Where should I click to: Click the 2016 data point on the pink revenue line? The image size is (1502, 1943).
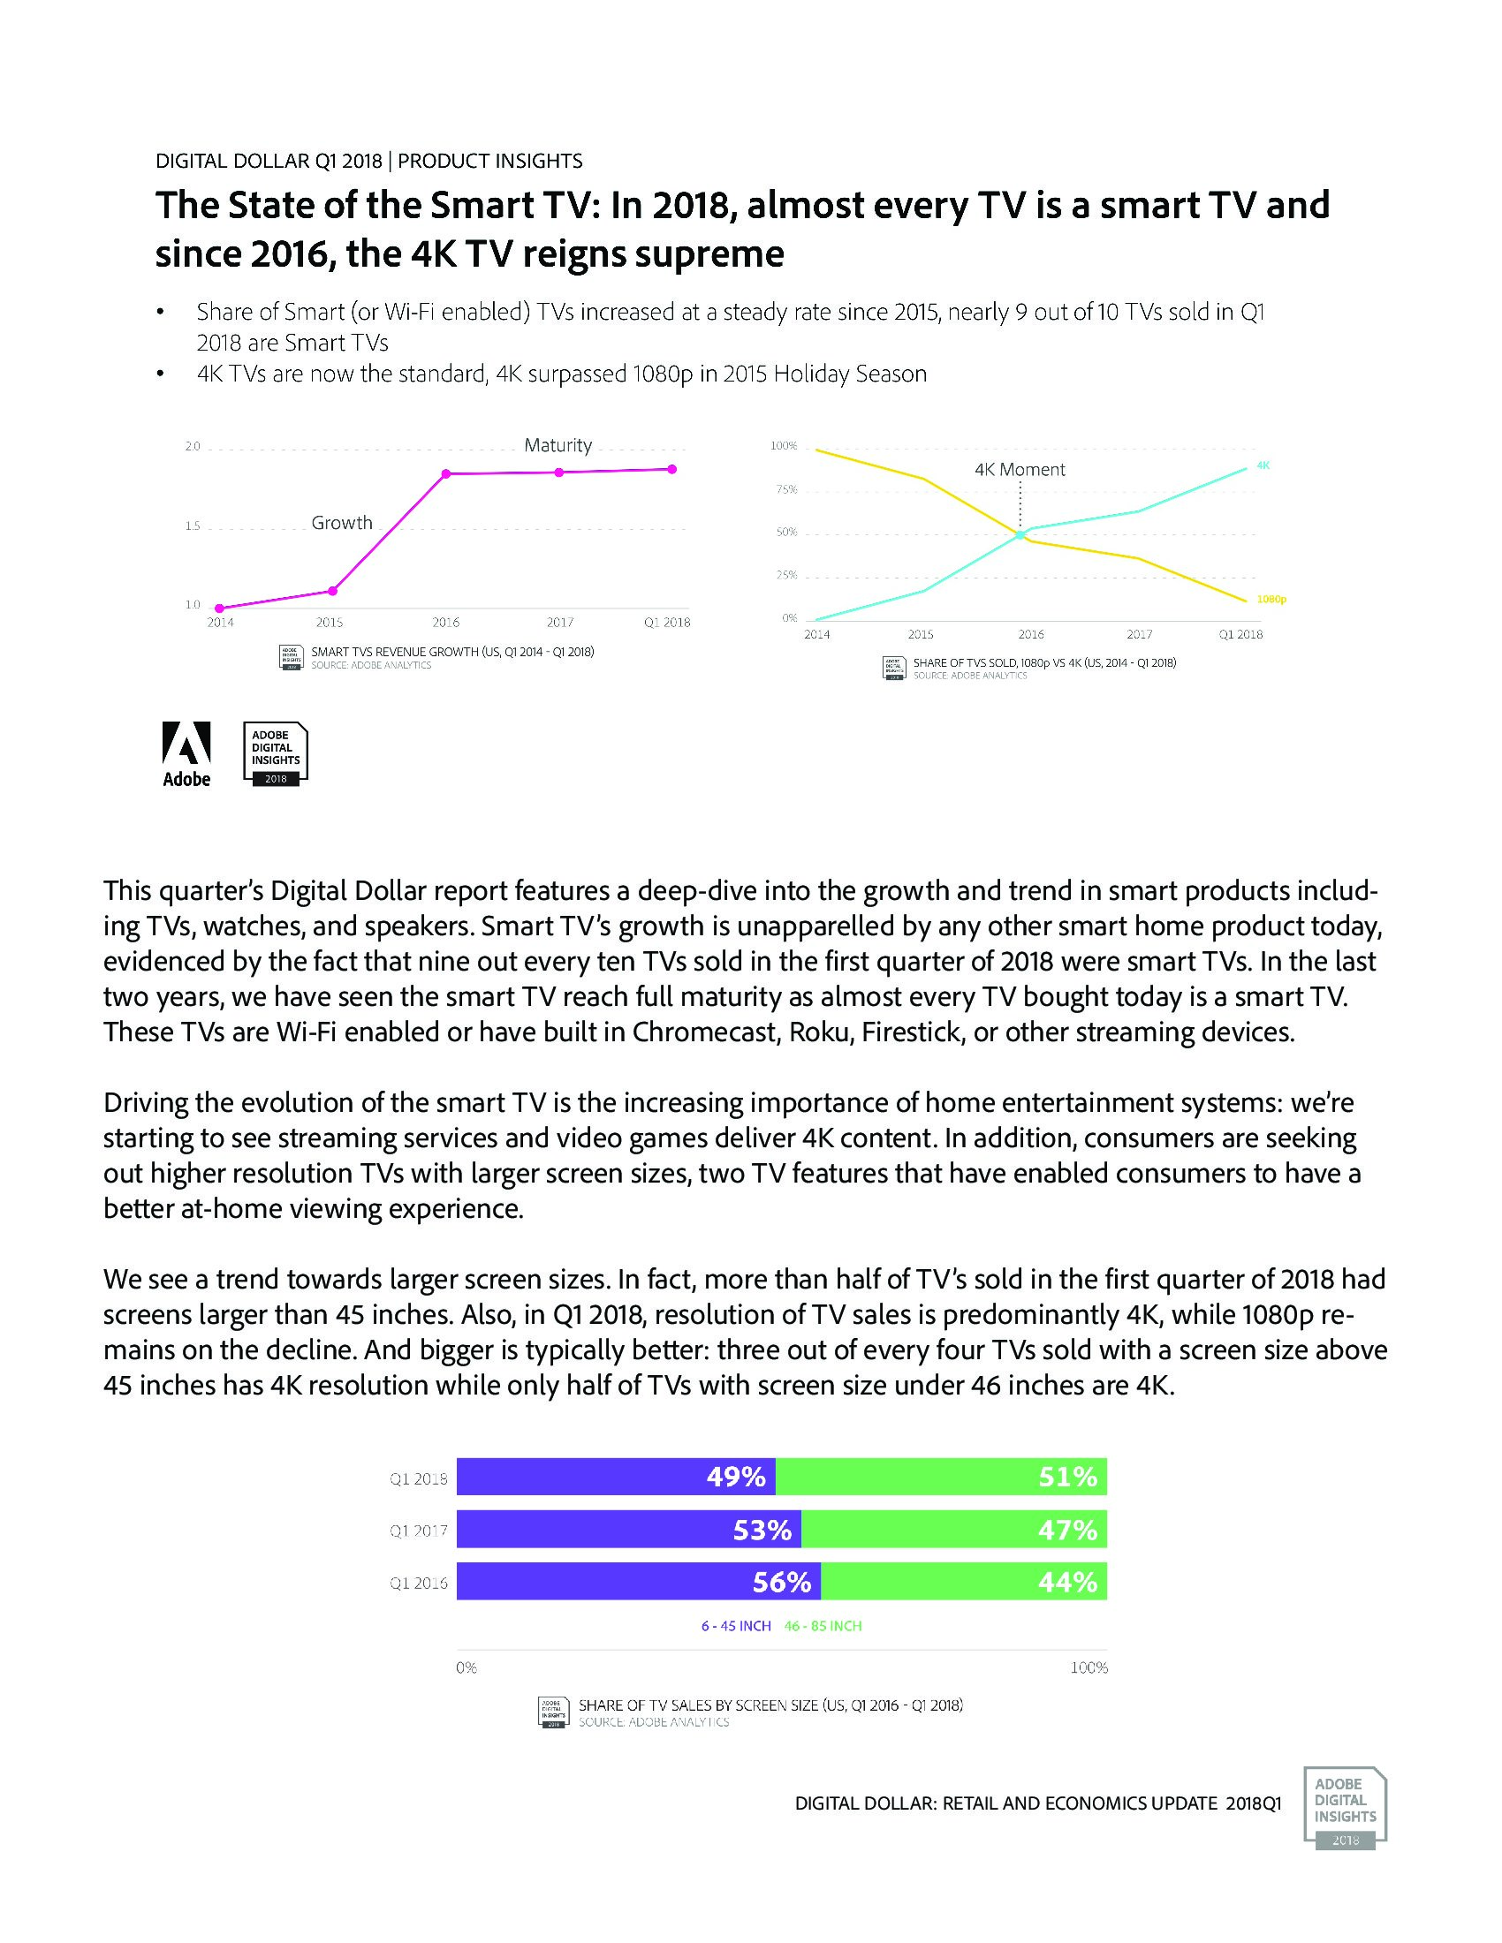click(x=445, y=473)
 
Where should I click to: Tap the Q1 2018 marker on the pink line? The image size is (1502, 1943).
click(x=671, y=469)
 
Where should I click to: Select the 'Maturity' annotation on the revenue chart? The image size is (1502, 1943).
click(x=558, y=445)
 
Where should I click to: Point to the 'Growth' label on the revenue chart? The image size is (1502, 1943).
click(x=342, y=523)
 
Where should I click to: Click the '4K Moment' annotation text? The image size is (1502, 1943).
click(x=1020, y=470)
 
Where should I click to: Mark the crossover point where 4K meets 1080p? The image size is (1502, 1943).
click(x=1020, y=533)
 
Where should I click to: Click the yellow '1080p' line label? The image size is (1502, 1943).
click(x=1271, y=600)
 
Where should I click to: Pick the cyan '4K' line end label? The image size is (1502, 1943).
click(x=1263, y=465)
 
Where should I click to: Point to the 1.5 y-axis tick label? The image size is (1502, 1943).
click(x=193, y=526)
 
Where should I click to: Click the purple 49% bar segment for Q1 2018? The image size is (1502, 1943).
click(x=616, y=1478)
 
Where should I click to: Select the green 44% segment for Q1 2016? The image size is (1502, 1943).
click(x=964, y=1582)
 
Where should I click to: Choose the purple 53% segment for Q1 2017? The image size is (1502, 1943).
click(x=628, y=1531)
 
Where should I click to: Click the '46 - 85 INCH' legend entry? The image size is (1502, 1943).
click(x=823, y=1626)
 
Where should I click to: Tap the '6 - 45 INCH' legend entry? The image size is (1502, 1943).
click(x=736, y=1626)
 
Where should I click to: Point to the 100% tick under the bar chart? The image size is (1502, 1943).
click(x=1089, y=1668)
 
